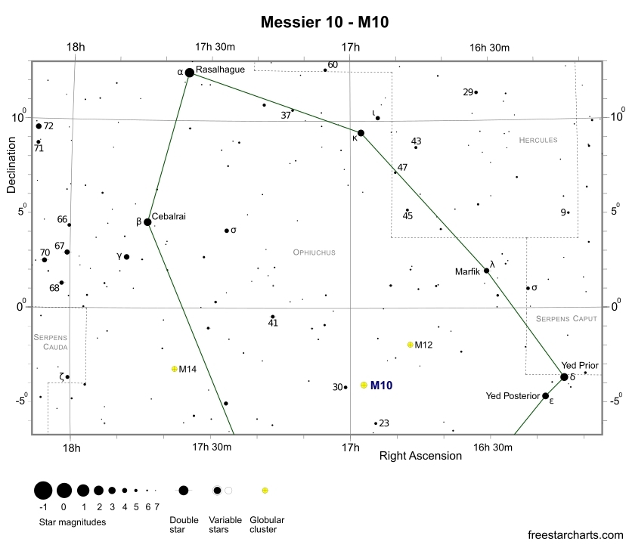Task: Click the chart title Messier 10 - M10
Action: (324, 22)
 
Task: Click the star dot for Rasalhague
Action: (189, 73)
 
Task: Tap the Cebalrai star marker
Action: (147, 222)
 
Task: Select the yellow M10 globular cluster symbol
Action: (364, 385)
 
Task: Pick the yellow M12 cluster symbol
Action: (410, 345)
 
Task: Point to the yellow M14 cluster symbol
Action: (174, 369)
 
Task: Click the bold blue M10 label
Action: (381, 386)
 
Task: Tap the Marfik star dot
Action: (487, 271)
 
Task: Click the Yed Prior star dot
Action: (564, 377)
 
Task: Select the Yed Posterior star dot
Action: (545, 396)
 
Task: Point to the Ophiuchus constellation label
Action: (314, 252)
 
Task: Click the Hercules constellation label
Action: (538, 140)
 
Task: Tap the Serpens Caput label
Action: (566, 319)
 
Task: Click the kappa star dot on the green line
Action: (361, 133)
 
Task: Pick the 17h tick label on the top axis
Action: (350, 48)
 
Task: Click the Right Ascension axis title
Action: (420, 456)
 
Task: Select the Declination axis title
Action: (11, 165)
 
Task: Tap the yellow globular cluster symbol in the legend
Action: (265, 491)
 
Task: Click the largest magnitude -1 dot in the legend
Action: (43, 491)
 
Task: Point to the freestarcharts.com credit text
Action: (575, 535)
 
